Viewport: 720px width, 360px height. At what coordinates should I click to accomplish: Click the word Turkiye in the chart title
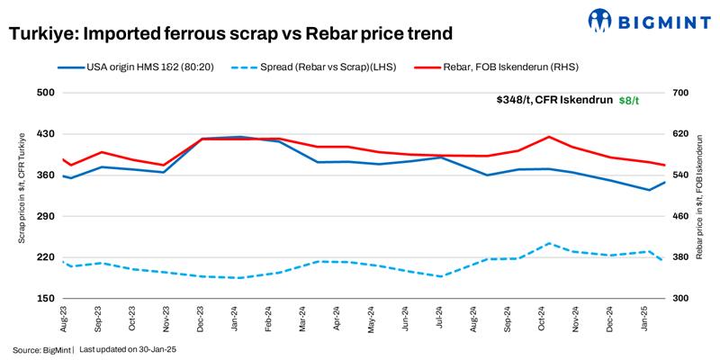[40, 35]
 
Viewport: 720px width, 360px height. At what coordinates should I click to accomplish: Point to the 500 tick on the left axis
[46, 93]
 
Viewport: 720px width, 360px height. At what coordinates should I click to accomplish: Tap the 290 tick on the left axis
[46, 216]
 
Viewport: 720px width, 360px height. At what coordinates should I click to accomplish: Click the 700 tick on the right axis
[679, 93]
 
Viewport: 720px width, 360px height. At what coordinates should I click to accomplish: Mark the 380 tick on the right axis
[679, 257]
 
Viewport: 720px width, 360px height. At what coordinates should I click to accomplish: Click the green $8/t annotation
[629, 100]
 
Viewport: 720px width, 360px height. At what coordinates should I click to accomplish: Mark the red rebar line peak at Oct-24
[549, 137]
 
